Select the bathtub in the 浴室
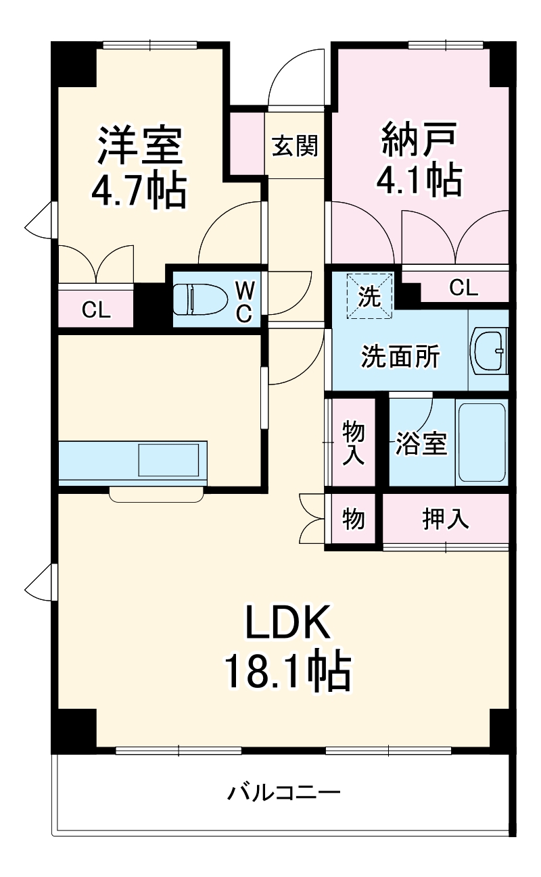481,443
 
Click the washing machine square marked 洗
369,296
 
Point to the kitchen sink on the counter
171,460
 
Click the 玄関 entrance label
295,145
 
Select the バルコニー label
283,792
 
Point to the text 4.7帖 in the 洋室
139,191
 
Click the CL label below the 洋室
96,310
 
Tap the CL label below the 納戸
464,289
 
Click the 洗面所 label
400,356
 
